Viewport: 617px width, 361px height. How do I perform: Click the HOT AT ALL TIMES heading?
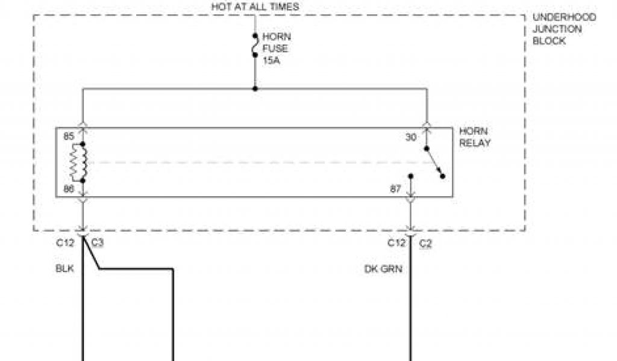point(255,7)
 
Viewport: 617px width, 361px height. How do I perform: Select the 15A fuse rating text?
point(272,60)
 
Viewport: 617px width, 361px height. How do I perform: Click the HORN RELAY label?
point(475,137)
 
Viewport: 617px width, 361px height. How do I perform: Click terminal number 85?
point(68,137)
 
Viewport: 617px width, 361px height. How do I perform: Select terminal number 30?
point(411,137)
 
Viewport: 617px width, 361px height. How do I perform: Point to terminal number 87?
point(395,190)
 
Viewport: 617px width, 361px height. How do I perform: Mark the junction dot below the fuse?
point(255,89)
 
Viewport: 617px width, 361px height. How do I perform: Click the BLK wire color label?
point(64,269)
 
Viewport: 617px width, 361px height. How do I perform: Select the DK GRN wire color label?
point(383,269)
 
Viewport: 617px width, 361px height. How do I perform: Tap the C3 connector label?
point(98,243)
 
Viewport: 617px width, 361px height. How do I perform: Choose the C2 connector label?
point(425,243)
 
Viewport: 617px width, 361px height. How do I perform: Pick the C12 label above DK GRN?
point(396,243)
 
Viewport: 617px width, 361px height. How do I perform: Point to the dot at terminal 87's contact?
point(411,176)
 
